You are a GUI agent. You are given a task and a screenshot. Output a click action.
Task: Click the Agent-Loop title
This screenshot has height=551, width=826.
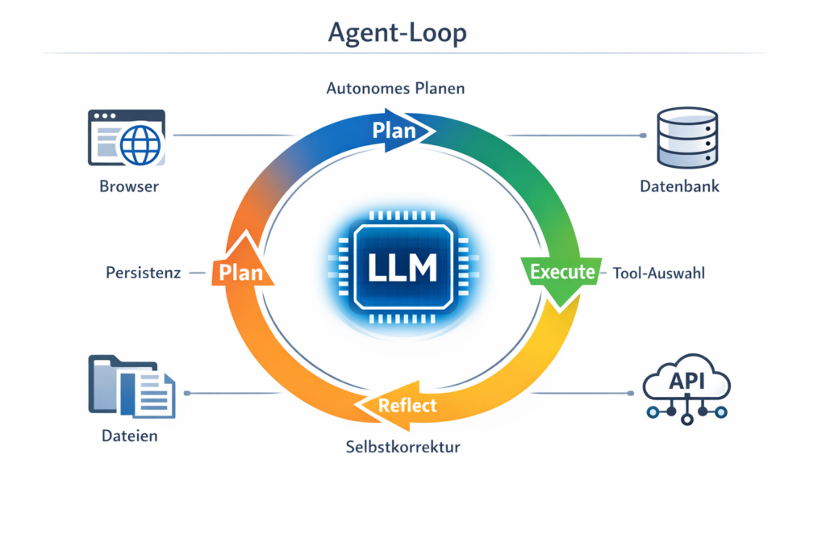tap(397, 33)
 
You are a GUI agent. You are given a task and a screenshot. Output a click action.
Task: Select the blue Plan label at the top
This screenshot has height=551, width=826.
tap(394, 130)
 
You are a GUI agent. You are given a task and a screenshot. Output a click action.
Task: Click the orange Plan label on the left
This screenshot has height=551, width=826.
tap(241, 272)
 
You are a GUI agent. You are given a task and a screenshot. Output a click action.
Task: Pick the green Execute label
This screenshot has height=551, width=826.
tap(563, 272)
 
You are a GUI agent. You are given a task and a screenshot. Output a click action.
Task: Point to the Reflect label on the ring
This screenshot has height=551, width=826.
tap(407, 405)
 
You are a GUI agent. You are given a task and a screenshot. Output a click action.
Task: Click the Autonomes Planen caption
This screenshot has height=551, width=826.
tap(395, 89)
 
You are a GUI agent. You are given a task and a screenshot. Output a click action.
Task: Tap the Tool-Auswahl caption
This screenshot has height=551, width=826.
tap(659, 273)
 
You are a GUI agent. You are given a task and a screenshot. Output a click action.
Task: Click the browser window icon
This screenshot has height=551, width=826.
tap(126, 138)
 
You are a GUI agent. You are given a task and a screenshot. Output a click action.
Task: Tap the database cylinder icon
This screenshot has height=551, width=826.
tap(686, 136)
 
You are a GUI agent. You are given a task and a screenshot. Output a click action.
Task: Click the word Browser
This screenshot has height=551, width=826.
tap(129, 186)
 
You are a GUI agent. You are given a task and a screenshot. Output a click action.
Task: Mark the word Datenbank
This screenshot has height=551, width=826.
tap(679, 186)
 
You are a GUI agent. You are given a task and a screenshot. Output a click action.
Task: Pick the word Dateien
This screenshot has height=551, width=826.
tap(130, 436)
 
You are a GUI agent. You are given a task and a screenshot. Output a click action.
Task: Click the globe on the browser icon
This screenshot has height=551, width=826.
tap(141, 145)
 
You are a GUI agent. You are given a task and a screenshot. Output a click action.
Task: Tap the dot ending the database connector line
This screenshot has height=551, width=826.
tap(643, 136)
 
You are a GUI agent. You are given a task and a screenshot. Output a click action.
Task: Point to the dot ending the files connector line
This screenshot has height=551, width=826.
tap(187, 393)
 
